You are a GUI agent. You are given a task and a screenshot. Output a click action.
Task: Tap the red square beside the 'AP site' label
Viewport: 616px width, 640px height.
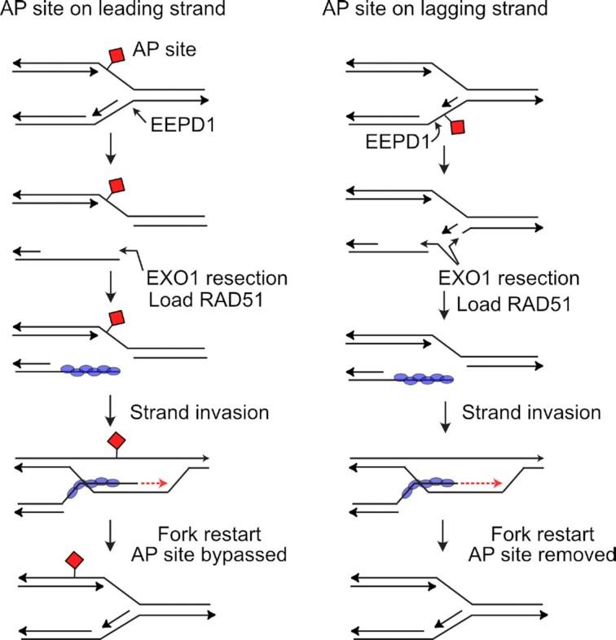[117, 55]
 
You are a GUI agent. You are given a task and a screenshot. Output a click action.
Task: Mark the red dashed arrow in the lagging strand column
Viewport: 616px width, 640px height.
[480, 482]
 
